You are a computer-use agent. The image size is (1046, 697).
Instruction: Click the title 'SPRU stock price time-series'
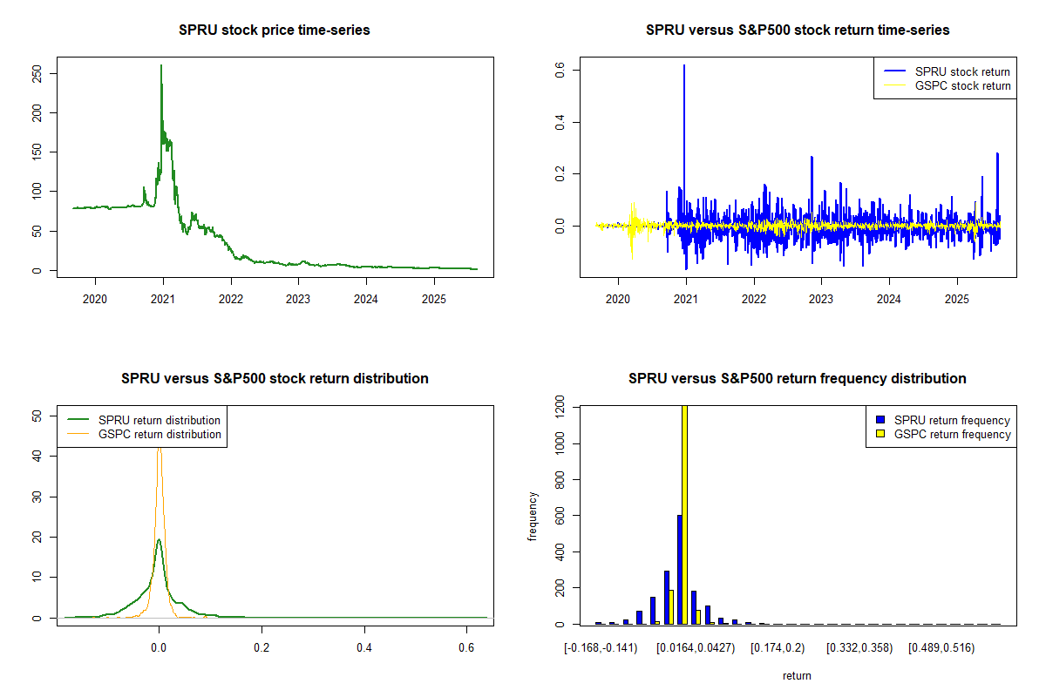[x=274, y=30]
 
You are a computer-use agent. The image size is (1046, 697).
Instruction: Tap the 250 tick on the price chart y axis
[x=36, y=73]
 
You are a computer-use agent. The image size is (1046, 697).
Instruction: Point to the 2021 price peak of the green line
[x=161, y=66]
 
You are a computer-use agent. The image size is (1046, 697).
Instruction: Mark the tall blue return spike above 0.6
[x=684, y=66]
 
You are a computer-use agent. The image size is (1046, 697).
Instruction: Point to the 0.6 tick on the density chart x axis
[x=466, y=648]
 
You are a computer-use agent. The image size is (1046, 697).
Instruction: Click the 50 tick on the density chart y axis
[x=36, y=416]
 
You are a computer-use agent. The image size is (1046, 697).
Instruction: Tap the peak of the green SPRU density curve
[x=159, y=540]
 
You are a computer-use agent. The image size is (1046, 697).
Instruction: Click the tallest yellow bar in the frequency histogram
[x=684, y=514]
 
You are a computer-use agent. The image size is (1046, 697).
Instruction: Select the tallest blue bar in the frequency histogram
[x=679, y=570]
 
